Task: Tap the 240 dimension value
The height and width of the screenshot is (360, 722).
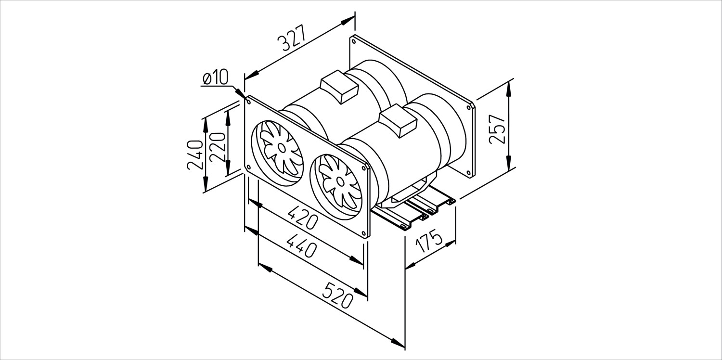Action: pos(195,155)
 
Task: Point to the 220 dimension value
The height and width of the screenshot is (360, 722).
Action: pos(217,147)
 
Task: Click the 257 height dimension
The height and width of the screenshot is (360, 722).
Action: pos(497,129)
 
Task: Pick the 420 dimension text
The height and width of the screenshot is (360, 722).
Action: pos(303,218)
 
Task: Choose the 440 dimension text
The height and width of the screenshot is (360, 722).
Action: pos(301,245)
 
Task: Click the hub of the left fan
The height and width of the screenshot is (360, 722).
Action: pos(282,148)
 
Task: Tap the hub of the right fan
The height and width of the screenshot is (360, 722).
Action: pos(340,182)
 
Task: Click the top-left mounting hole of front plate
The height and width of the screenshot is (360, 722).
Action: pos(249,102)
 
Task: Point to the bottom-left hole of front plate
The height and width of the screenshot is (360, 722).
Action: pos(248,167)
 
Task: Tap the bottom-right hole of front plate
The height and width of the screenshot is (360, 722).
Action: pos(364,233)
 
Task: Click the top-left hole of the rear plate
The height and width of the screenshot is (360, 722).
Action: pos(354,41)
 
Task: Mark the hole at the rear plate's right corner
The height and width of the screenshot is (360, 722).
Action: pos(469,107)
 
